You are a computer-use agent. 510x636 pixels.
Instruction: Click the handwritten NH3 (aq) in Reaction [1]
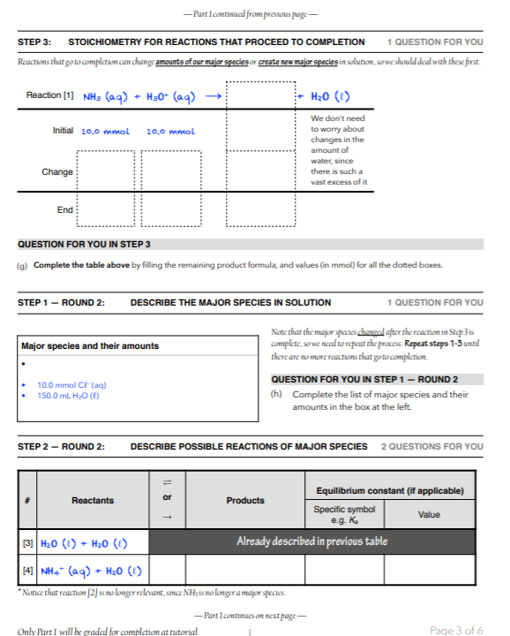(108, 96)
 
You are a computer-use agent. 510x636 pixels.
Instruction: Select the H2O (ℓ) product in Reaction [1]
(334, 96)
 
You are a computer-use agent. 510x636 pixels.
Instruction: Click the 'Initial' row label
(63, 131)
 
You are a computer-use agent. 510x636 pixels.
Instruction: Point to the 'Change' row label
(57, 171)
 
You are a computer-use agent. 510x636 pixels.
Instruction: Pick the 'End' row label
(65, 209)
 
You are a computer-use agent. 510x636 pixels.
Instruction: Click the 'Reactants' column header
(93, 500)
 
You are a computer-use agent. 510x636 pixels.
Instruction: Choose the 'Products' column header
(245, 500)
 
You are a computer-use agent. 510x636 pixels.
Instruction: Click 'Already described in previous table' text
(311, 541)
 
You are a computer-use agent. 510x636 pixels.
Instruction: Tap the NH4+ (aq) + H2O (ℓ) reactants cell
(92, 570)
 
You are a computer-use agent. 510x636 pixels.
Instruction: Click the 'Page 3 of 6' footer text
(456, 630)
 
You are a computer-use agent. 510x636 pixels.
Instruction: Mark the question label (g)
(23, 265)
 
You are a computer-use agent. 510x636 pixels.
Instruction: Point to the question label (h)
(277, 394)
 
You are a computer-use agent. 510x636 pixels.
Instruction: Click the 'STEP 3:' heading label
(34, 42)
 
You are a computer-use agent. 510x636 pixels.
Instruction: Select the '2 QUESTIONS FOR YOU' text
(431, 446)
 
